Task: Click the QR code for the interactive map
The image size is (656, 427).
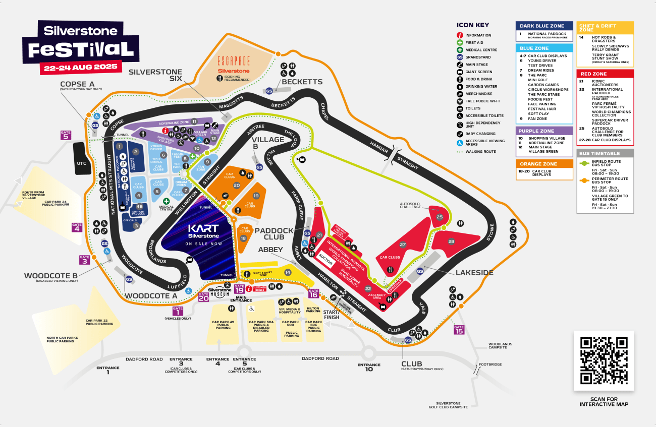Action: [604, 360]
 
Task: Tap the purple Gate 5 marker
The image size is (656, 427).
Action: [66, 135]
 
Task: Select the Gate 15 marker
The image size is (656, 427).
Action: [459, 330]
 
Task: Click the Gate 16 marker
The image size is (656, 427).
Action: [314, 293]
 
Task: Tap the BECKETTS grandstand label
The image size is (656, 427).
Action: [302, 82]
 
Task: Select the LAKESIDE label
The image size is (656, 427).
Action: [474, 273]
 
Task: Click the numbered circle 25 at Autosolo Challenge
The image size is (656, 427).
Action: [440, 217]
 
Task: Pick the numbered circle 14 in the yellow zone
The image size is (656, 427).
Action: [288, 272]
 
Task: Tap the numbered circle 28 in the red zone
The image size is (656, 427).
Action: [451, 241]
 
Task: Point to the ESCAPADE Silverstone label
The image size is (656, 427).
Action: [234, 66]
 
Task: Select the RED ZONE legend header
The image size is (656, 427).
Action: [605, 74]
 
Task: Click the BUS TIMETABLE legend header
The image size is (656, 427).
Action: [605, 153]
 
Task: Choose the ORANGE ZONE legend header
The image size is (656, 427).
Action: [544, 164]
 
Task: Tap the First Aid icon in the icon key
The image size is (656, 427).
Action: [460, 43]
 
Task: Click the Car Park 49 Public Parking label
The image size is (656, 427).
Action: [223, 325]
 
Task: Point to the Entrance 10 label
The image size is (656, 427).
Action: [369, 367]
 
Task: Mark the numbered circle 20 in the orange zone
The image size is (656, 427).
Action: [237, 186]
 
